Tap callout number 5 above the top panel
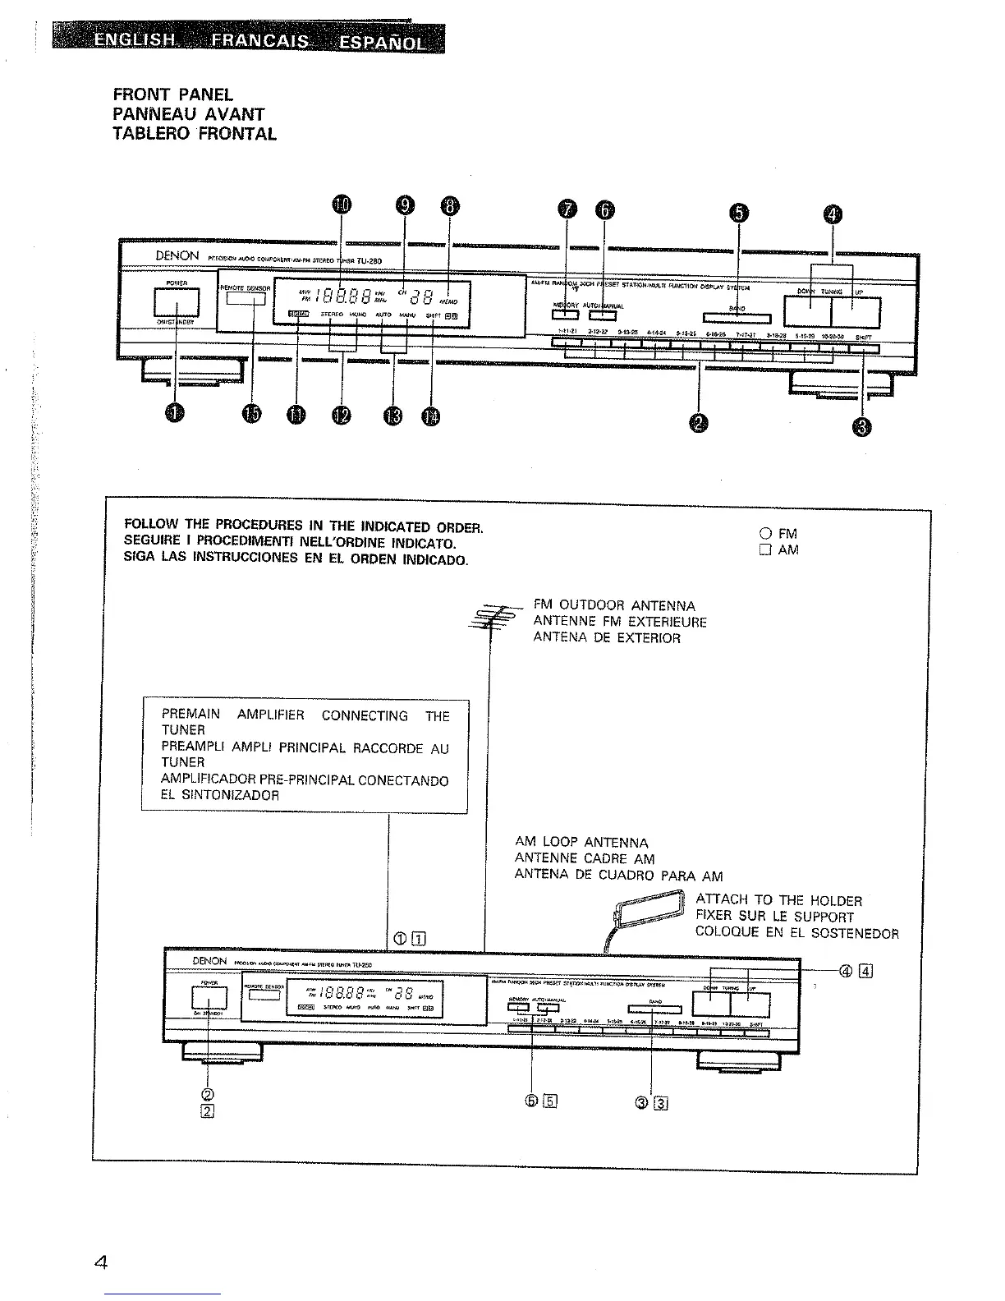pos(739,213)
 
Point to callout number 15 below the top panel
pos(252,416)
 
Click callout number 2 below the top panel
pos(699,422)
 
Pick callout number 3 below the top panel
pos(861,426)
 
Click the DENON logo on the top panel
pos(177,255)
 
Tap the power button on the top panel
pos(172,304)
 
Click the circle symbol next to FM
pos(766,533)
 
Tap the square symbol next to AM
pos(766,550)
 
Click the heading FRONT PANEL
pos(173,95)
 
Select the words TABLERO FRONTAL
pos(195,134)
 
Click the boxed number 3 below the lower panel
pos(660,1103)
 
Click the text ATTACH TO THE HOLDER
pos(778,900)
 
